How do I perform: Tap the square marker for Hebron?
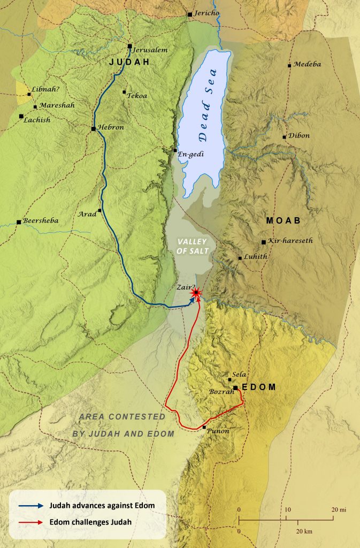pyautogui.click(x=94, y=128)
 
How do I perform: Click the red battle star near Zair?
pyautogui.click(x=196, y=293)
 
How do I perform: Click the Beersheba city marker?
pyautogui.click(x=19, y=222)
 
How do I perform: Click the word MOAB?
pyautogui.click(x=283, y=220)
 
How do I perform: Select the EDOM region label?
pyautogui.click(x=259, y=387)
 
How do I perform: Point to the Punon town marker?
pyautogui.click(x=204, y=427)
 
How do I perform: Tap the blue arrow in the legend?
pyautogui.click(x=32, y=505)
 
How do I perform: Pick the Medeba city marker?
pyautogui.click(x=289, y=65)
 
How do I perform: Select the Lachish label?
pyautogui.click(x=37, y=120)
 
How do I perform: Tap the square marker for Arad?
pyautogui.click(x=100, y=211)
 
